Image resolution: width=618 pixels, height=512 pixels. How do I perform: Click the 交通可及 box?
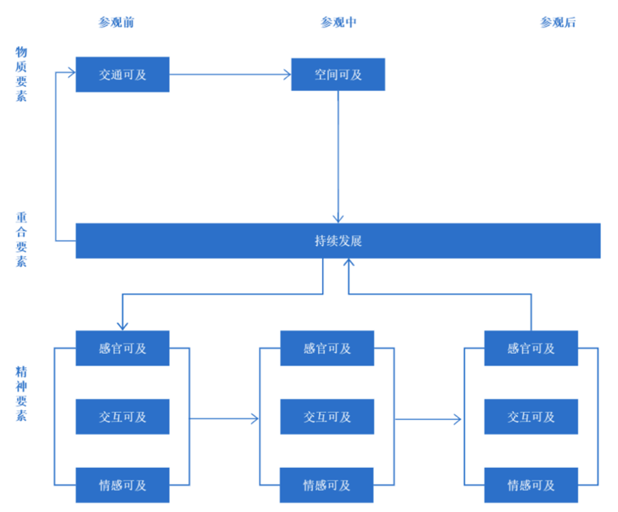tap(123, 75)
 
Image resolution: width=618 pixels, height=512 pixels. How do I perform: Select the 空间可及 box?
tap(338, 75)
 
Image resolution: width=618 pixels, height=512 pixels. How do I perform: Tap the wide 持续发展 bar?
tap(338, 241)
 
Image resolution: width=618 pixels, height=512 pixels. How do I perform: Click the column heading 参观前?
tap(116, 22)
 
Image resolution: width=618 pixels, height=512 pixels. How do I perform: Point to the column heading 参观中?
tap(338, 22)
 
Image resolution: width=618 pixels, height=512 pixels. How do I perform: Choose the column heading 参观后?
tap(558, 22)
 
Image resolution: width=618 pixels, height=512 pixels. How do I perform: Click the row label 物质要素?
tap(21, 74)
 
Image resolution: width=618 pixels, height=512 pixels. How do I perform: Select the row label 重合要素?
tap(21, 239)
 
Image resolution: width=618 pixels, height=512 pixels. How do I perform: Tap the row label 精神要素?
tap(21, 393)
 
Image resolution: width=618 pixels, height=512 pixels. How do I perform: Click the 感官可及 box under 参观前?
tap(123, 348)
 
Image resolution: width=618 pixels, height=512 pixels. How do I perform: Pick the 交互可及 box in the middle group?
tap(327, 417)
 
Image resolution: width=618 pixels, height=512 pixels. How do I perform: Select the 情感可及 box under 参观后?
tap(531, 485)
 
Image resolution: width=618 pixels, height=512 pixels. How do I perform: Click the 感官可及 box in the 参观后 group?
tap(531, 348)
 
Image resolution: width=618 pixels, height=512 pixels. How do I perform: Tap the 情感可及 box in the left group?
tap(123, 485)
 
